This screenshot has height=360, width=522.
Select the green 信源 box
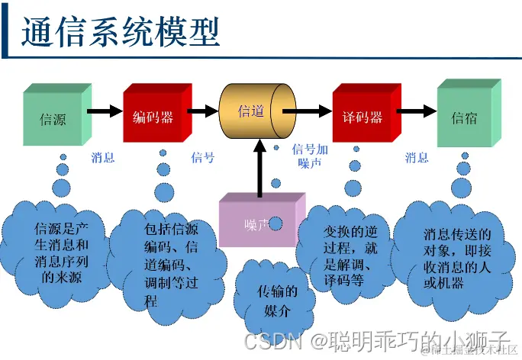pos(53,118)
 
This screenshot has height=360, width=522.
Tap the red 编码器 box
pos(153,117)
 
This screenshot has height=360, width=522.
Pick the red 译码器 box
pos(362,117)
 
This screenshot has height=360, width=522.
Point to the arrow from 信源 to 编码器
pos(105,112)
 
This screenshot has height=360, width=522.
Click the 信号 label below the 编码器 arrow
pos(202,158)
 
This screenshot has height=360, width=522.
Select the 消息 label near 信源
pos(103,158)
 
